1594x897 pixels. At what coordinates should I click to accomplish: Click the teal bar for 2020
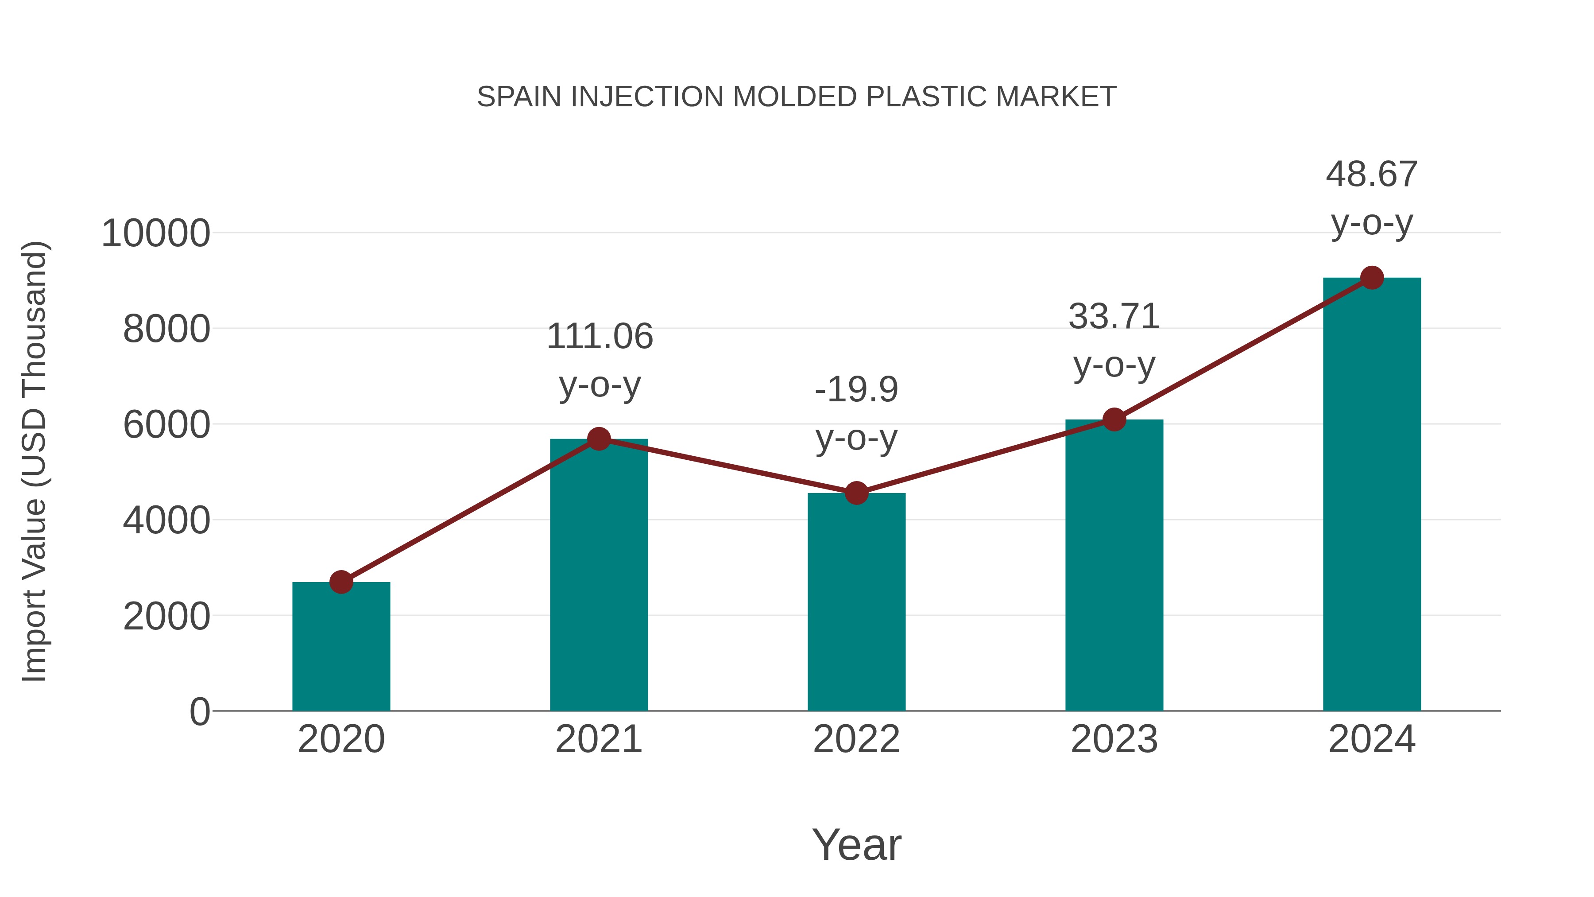tap(341, 647)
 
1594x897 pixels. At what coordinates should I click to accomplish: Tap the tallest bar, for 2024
tap(1372, 495)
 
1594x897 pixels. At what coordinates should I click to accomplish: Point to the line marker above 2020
tap(341, 582)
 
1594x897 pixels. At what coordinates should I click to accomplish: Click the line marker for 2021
tap(599, 439)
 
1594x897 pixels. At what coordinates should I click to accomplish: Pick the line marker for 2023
tap(1114, 420)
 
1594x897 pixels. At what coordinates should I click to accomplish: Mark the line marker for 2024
tap(1372, 278)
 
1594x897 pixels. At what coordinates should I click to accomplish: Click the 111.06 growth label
tap(600, 338)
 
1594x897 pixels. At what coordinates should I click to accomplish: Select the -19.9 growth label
tap(856, 390)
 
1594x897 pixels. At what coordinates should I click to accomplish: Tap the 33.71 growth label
tap(1114, 317)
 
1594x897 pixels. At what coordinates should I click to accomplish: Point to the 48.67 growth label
tap(1371, 175)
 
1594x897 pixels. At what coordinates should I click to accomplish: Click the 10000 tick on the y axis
tap(155, 234)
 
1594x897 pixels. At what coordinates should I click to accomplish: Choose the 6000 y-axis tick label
tap(166, 425)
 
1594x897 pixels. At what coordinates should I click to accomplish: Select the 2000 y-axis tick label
tap(166, 617)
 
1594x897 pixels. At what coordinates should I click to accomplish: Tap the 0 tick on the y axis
tap(200, 712)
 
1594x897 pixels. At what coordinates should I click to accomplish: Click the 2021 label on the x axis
tap(599, 740)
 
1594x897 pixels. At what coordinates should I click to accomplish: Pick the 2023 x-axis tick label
tap(1114, 740)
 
